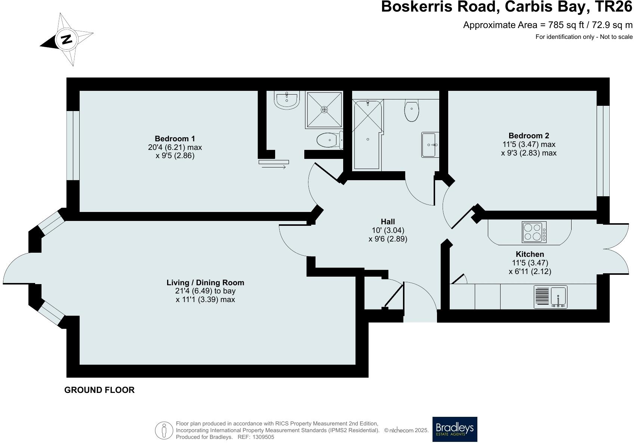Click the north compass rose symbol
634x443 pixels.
pyautogui.click(x=66, y=39)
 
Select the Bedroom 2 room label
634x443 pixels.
pyautogui.click(x=529, y=136)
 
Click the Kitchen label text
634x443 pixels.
pyautogui.click(x=530, y=254)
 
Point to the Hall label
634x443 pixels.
pyautogui.click(x=388, y=222)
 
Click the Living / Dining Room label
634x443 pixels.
pyautogui.click(x=205, y=283)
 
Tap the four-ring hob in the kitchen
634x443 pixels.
pyautogui.click(x=534, y=232)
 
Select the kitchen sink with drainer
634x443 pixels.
pyautogui.click(x=551, y=297)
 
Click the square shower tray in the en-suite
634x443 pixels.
pyautogui.click(x=324, y=110)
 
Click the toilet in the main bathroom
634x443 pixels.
pyautogui.click(x=411, y=111)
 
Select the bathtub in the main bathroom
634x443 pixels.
pyautogui.click(x=367, y=135)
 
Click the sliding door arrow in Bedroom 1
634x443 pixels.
pyautogui.click(x=274, y=167)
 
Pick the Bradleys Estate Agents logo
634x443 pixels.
pyautogui.click(x=455, y=429)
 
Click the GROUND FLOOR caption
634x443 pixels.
pyautogui.click(x=99, y=390)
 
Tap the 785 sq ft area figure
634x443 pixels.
pyautogui.click(x=564, y=25)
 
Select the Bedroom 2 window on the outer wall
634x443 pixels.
pyautogui.click(x=603, y=151)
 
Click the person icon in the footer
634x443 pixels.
pyautogui.click(x=163, y=430)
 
